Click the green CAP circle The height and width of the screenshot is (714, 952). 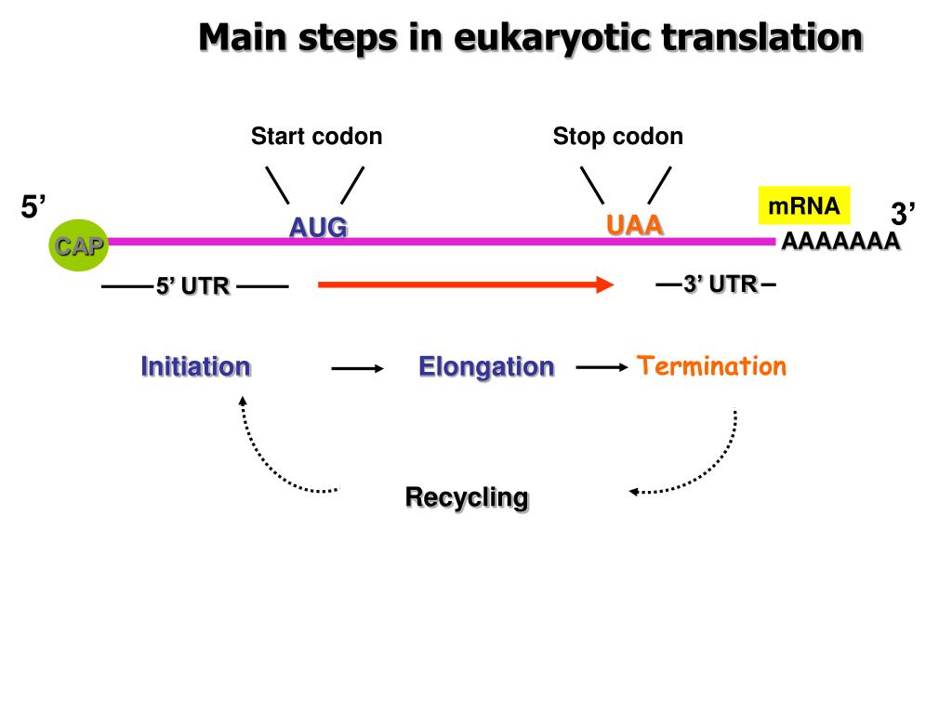pyautogui.click(x=79, y=246)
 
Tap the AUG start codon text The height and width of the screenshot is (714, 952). pyautogui.click(x=318, y=227)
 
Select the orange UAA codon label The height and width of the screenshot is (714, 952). pyautogui.click(x=635, y=225)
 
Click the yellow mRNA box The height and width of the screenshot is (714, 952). pyautogui.click(x=804, y=205)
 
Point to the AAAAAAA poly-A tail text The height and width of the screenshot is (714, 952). pyautogui.click(x=840, y=243)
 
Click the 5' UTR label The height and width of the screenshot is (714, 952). pyautogui.click(x=192, y=286)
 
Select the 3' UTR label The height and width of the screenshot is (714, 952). pyautogui.click(x=720, y=284)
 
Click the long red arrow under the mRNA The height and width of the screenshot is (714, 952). pyautogui.click(x=465, y=284)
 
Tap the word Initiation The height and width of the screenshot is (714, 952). pyautogui.click(x=195, y=366)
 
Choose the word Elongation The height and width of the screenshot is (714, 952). pyautogui.click(x=486, y=366)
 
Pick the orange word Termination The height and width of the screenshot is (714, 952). pyautogui.click(x=712, y=366)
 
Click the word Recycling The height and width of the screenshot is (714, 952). pyautogui.click(x=467, y=497)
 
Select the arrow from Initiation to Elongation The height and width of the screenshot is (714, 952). pyautogui.click(x=358, y=369)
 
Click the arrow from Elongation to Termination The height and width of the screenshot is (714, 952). pyautogui.click(x=602, y=367)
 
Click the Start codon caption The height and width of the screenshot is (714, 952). pyautogui.click(x=316, y=137)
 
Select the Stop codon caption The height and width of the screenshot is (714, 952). pyautogui.click(x=617, y=137)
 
